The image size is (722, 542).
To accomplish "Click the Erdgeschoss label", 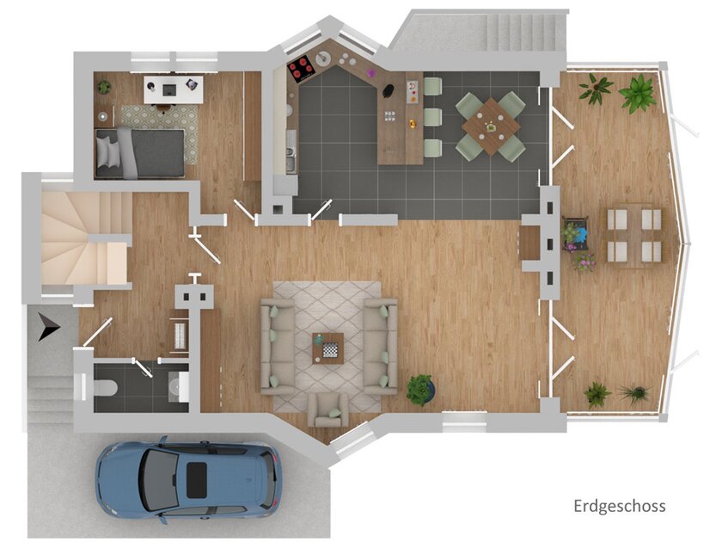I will coord(619,506).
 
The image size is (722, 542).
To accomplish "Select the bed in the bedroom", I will coord(140,152).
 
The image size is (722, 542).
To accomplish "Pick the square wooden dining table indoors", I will coord(491,126).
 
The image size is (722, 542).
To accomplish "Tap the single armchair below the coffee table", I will coord(328,409).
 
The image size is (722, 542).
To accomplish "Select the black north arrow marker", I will coord(47,327).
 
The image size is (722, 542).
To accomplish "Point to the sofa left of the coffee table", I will coord(278,346).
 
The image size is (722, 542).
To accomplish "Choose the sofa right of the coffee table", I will coord(380,344).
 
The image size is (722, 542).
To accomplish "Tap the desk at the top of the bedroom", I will coord(173,87).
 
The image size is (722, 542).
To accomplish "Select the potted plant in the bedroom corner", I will coord(104,87).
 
